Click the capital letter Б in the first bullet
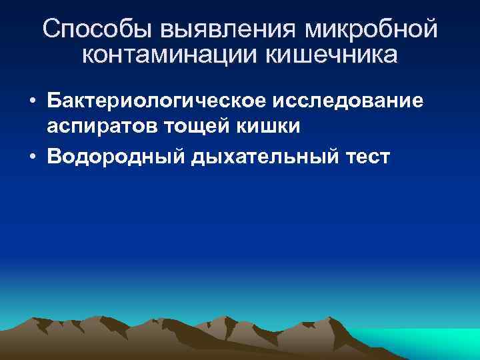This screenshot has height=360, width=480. [x=53, y=100]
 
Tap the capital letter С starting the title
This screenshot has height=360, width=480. [x=51, y=29]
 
